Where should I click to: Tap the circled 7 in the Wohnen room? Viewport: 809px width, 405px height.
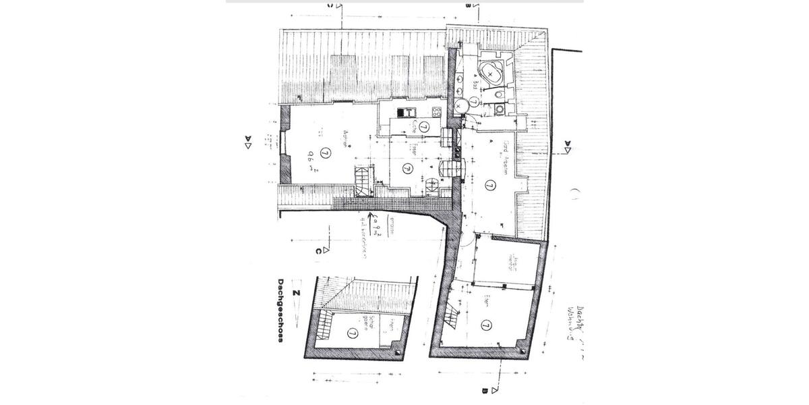(326, 153)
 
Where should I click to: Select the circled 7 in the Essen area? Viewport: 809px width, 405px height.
(407, 168)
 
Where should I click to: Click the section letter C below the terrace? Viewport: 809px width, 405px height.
(318, 252)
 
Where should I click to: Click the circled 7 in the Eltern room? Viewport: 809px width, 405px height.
(486, 325)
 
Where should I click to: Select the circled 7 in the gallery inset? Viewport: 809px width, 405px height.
(353, 333)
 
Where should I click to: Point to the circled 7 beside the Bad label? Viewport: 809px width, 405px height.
(474, 101)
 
